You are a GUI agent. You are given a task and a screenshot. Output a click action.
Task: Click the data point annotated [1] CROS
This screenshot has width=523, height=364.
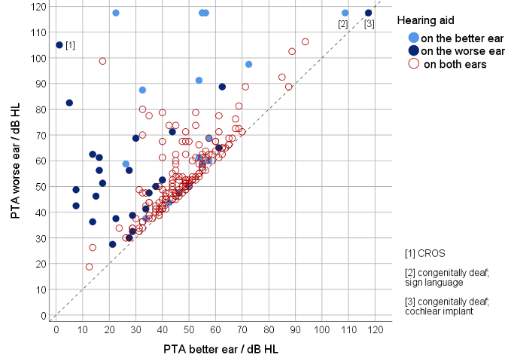(59, 45)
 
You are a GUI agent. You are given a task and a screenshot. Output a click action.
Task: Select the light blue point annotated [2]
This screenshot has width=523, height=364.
(345, 13)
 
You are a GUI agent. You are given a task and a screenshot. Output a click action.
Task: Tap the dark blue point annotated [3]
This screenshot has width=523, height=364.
(369, 13)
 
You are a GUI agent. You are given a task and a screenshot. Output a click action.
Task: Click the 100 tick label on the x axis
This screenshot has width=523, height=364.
(322, 329)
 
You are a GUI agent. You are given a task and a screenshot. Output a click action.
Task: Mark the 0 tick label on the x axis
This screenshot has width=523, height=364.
(55, 329)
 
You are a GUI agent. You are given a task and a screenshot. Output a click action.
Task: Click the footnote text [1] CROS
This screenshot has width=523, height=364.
(425, 253)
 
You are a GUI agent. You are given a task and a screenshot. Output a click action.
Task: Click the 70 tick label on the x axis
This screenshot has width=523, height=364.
(242, 329)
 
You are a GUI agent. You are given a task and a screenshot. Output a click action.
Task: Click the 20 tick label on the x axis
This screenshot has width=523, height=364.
(108, 329)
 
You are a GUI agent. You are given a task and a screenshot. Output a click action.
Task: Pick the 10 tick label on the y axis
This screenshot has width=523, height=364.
(40, 289)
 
